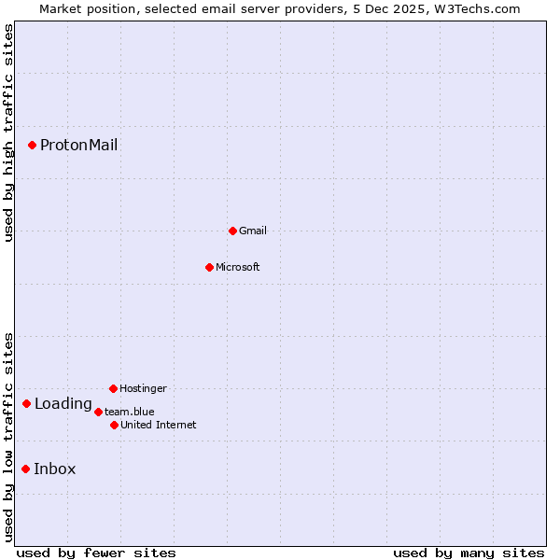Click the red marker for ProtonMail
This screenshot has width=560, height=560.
pyautogui.click(x=32, y=145)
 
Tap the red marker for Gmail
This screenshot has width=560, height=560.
pyautogui.click(x=232, y=231)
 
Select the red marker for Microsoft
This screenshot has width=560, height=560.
pyautogui.click(x=209, y=267)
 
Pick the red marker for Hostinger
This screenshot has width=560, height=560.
pyautogui.click(x=113, y=388)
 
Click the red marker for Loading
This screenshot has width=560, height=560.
pyautogui.click(x=26, y=403)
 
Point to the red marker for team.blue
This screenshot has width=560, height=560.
pyautogui.click(x=98, y=412)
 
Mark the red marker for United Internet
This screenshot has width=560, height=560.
pyautogui.click(x=114, y=425)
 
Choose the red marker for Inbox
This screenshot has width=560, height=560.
pyautogui.click(x=25, y=469)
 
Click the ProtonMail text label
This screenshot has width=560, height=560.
pyautogui.click(x=78, y=145)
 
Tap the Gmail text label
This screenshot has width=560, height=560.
pyautogui.click(x=253, y=231)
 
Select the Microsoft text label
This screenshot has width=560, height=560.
pyautogui.click(x=238, y=267)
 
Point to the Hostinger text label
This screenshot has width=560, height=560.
pyautogui.click(x=143, y=388)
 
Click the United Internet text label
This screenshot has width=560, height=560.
pyautogui.click(x=159, y=425)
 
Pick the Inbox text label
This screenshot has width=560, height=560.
pyautogui.click(x=55, y=469)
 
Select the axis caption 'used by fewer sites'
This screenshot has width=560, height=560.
pyautogui.click(x=96, y=553)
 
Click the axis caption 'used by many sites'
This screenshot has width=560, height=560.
pyautogui.click(x=469, y=553)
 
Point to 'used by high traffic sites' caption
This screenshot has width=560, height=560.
pyautogui.click(x=8, y=133)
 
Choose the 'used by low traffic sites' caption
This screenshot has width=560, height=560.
pyautogui.click(x=8, y=437)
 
